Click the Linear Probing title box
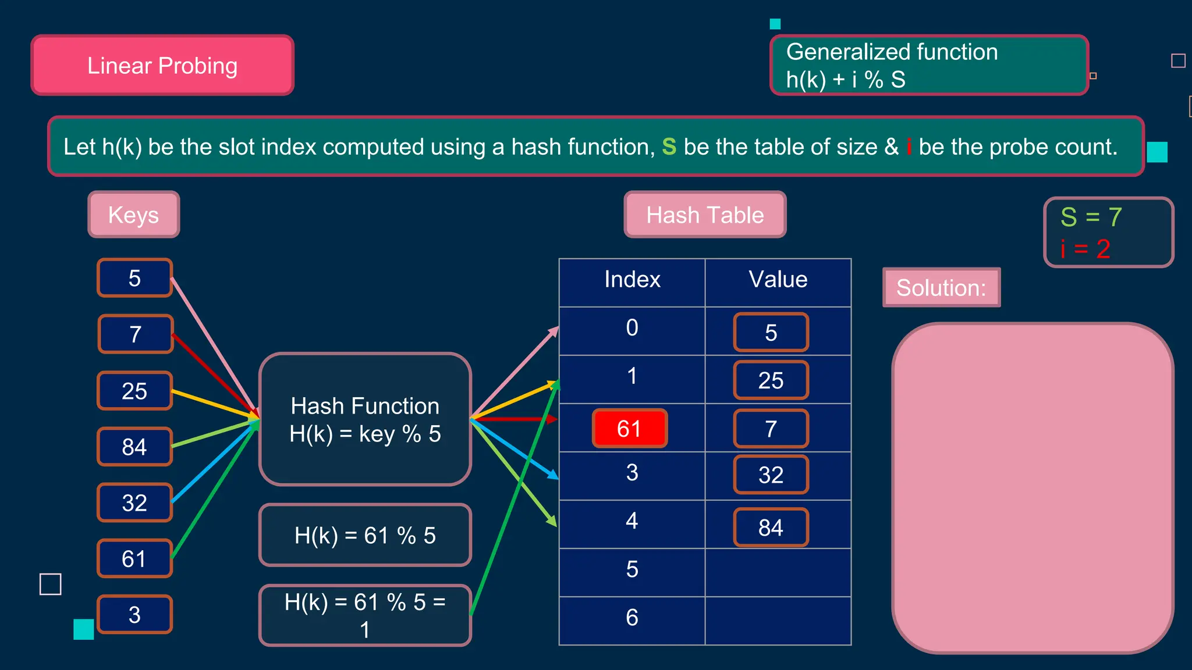(x=162, y=65)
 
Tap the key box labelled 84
(x=134, y=447)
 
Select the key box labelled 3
(x=134, y=614)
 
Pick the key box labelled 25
(x=134, y=391)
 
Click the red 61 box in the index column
(x=629, y=429)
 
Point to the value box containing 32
(x=771, y=475)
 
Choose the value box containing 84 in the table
(x=771, y=528)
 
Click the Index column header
(x=632, y=280)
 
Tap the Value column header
(x=778, y=280)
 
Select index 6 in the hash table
(x=632, y=618)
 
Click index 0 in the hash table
(x=632, y=328)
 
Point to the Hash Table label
(x=705, y=215)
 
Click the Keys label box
(x=134, y=215)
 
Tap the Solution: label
(x=941, y=287)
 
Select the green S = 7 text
(x=1091, y=217)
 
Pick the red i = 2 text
(x=1085, y=250)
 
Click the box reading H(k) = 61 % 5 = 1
(x=365, y=615)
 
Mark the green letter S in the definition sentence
(x=669, y=147)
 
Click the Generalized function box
(x=928, y=65)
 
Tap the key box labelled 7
(x=136, y=334)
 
